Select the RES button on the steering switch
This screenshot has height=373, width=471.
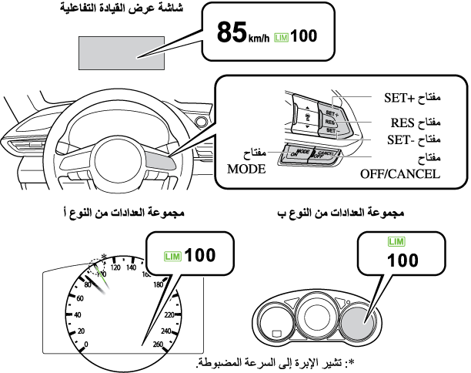click(330, 122)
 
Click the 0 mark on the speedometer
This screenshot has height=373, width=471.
click(85, 344)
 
